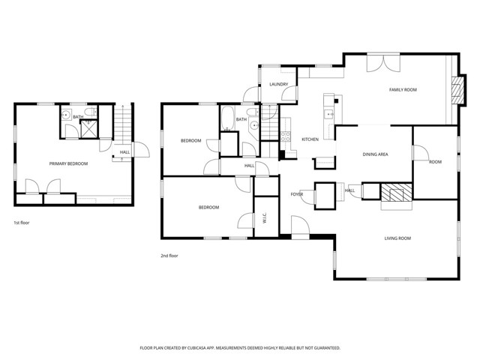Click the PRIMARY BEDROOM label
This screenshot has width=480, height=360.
(68, 163)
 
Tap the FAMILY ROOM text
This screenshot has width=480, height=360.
(403, 90)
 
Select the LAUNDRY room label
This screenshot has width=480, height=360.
(279, 85)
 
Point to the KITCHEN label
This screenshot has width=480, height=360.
(310, 140)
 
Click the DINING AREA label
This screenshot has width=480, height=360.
(375, 154)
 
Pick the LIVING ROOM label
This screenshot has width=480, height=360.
(397, 238)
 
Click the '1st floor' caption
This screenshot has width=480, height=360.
(22, 223)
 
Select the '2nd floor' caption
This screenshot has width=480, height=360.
(169, 256)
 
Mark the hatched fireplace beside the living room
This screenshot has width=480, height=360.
(395, 193)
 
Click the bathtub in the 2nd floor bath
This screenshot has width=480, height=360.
(226, 120)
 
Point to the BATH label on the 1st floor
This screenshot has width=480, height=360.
(78, 117)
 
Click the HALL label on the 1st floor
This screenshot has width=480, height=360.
(124, 154)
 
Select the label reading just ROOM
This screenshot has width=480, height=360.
(435, 161)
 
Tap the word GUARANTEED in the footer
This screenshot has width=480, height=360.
(324, 348)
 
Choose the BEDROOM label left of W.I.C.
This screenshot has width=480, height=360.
(208, 208)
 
